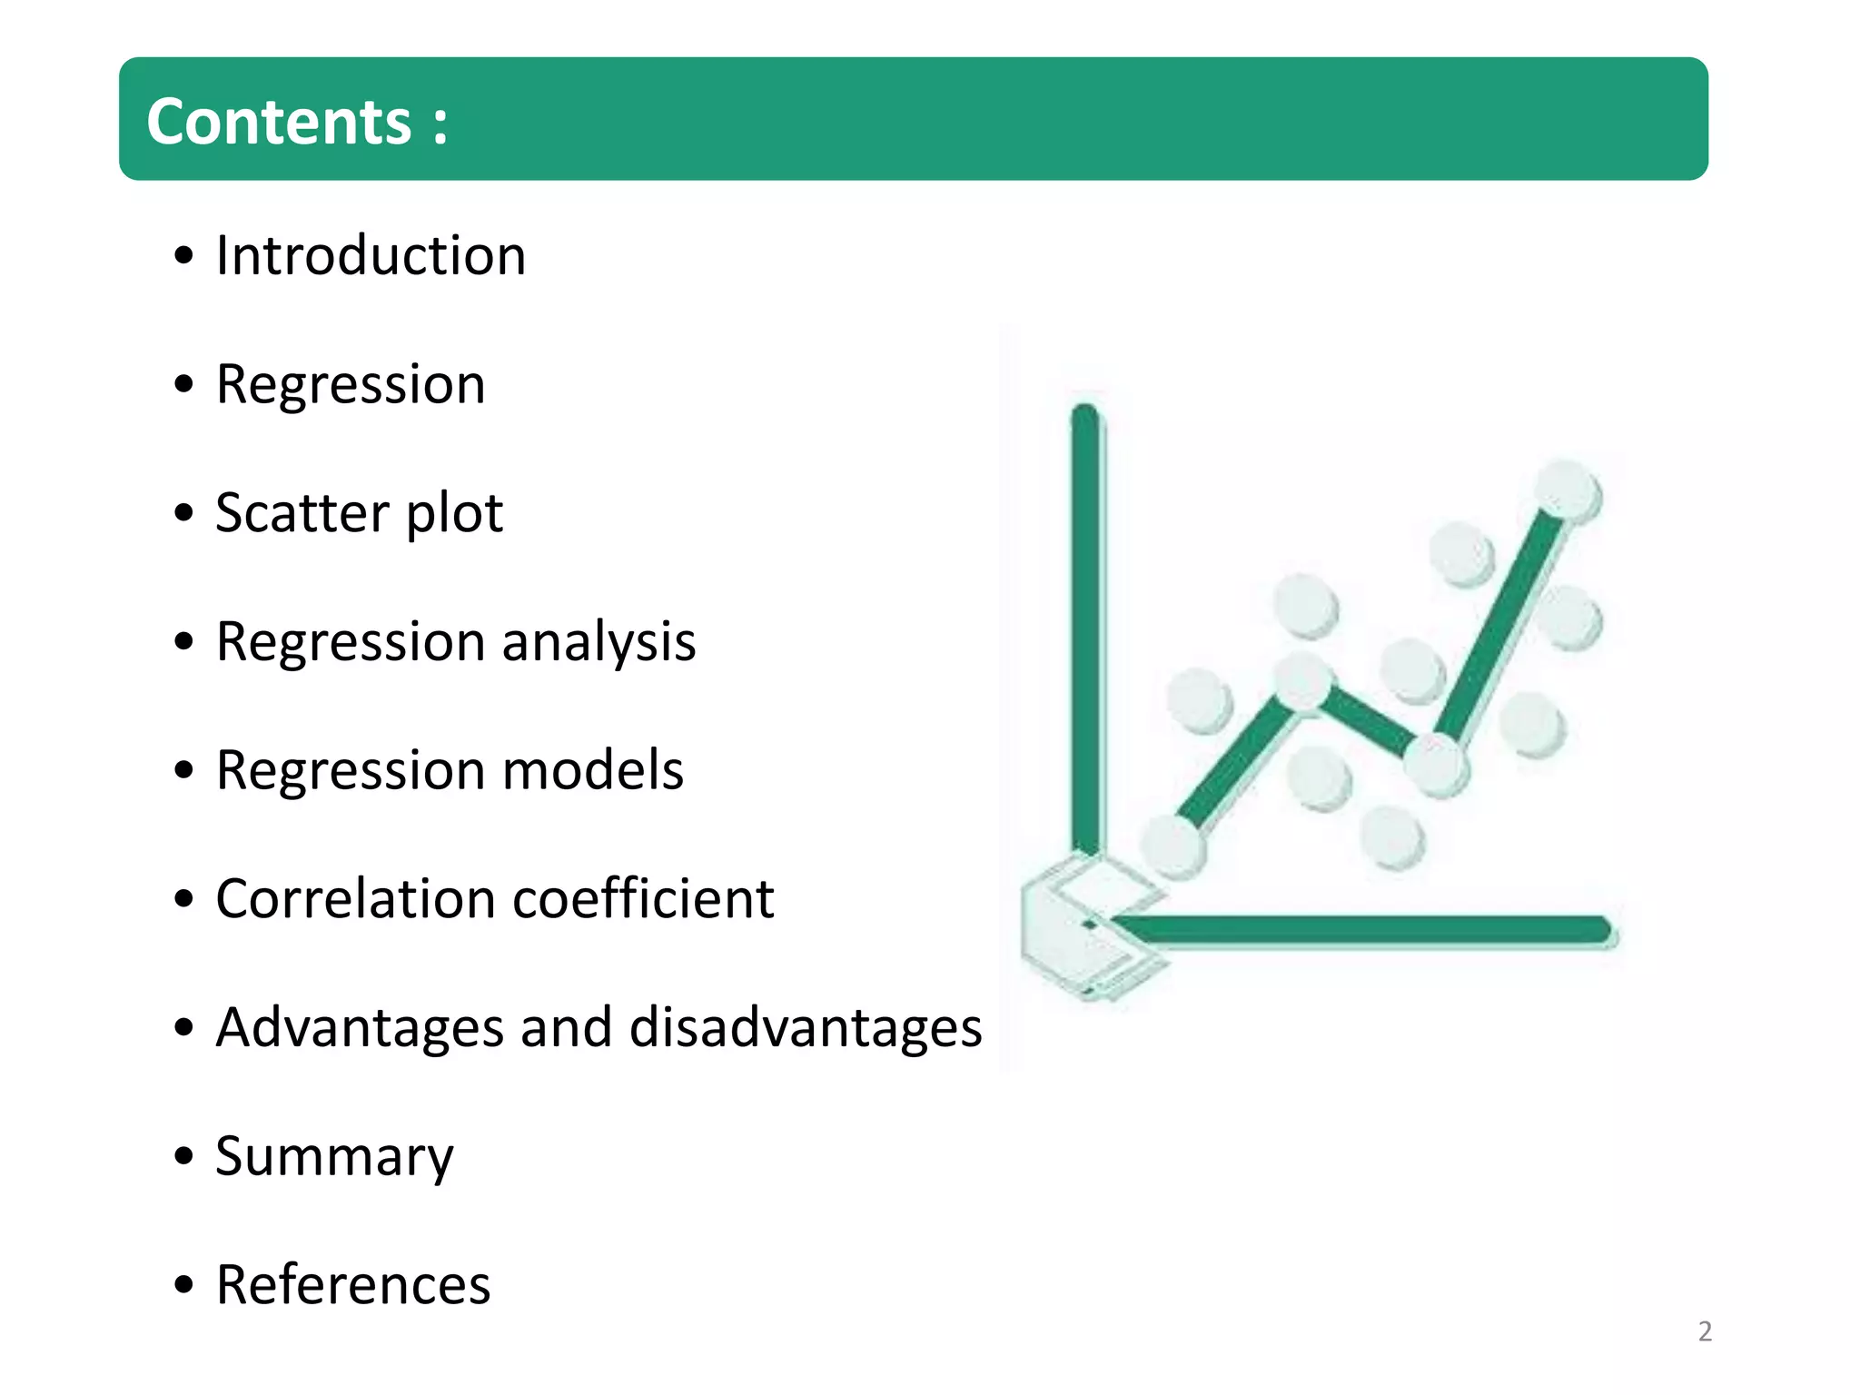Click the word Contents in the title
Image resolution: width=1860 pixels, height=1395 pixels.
click(279, 122)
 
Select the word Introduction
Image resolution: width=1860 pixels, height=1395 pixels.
click(371, 255)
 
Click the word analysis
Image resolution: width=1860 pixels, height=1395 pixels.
click(599, 643)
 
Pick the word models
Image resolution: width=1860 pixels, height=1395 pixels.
click(592, 771)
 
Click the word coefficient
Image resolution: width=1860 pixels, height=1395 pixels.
click(643, 899)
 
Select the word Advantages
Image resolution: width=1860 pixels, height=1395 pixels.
click(360, 1028)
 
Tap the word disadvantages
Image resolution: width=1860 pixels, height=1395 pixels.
click(805, 1028)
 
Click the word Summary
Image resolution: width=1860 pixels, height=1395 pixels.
click(334, 1158)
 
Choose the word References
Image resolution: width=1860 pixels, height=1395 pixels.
click(353, 1285)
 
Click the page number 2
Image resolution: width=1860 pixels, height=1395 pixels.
click(1705, 1331)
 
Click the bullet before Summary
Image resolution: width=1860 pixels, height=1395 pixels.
click(184, 1157)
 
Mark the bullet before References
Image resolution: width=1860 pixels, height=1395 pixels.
click(184, 1286)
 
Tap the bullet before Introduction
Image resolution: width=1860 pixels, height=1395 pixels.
click(184, 256)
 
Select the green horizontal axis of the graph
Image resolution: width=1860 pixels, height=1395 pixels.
click(1362, 929)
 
